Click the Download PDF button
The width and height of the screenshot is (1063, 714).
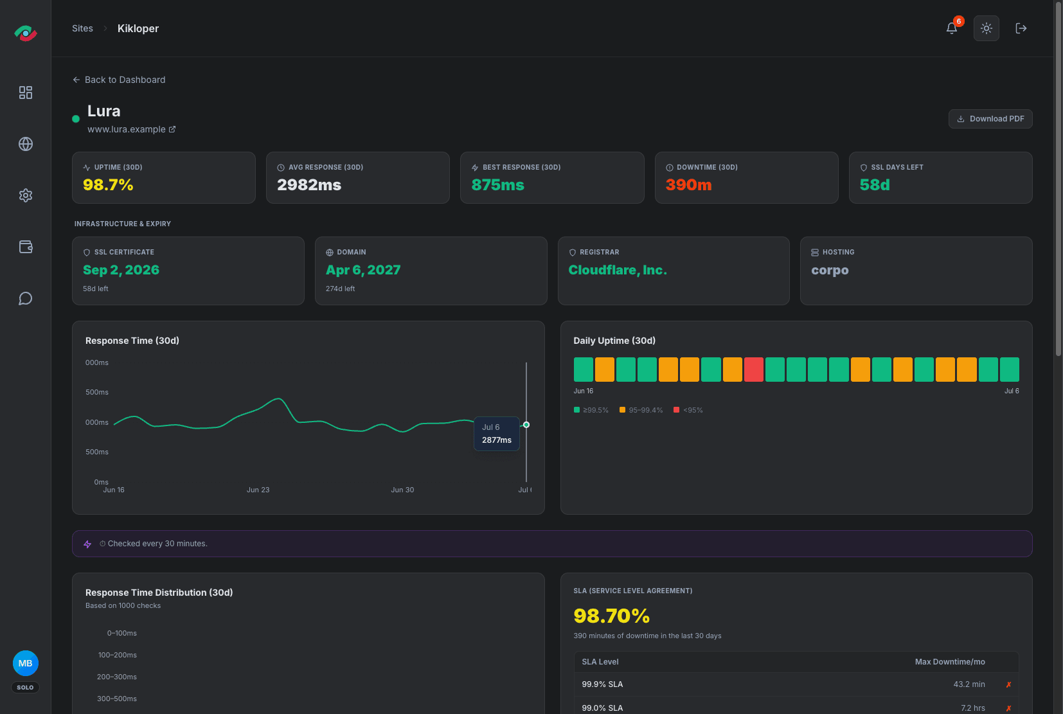pyautogui.click(x=990, y=119)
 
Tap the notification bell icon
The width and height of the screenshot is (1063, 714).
pyautogui.click(x=951, y=28)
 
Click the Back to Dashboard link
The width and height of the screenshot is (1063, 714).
pyautogui.click(x=119, y=80)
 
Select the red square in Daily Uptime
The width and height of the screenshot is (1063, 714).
pyautogui.click(x=753, y=370)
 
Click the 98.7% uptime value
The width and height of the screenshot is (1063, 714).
pyautogui.click(x=108, y=184)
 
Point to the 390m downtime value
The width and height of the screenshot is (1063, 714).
pyautogui.click(x=688, y=184)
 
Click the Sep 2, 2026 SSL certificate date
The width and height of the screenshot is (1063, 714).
pyautogui.click(x=121, y=270)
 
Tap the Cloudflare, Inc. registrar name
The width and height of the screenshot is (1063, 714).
pyautogui.click(x=618, y=270)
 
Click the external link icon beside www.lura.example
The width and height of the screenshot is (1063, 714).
pyautogui.click(x=172, y=129)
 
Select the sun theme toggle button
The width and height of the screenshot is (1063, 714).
pyautogui.click(x=986, y=28)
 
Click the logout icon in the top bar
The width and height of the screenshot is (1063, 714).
pyautogui.click(x=1021, y=28)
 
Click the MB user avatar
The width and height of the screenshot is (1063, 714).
pyautogui.click(x=25, y=663)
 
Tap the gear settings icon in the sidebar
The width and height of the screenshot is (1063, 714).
pyautogui.click(x=26, y=195)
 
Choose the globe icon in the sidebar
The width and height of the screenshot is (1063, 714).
pyautogui.click(x=26, y=144)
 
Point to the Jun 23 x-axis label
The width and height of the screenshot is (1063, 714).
pyautogui.click(x=258, y=490)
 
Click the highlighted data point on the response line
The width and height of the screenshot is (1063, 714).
pyautogui.click(x=526, y=425)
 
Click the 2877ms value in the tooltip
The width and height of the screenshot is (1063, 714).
pyautogui.click(x=496, y=440)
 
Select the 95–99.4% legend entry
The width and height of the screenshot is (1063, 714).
pyautogui.click(x=641, y=410)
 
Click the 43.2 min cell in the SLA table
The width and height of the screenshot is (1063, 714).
pyautogui.click(x=969, y=684)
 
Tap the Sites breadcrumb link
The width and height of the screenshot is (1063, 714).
pyautogui.click(x=82, y=28)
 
